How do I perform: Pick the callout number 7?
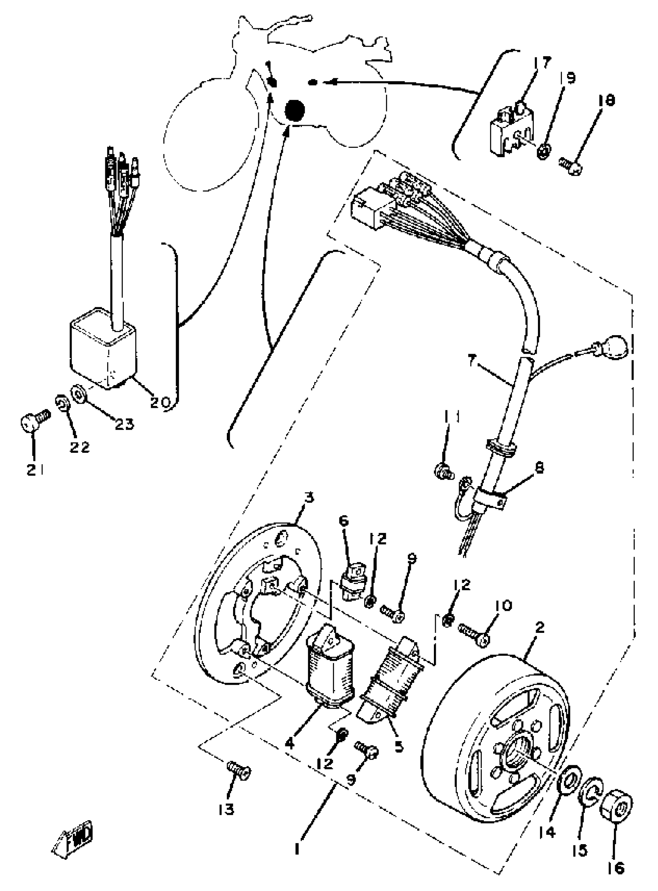pyautogui.click(x=472, y=361)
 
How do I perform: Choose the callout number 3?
pyautogui.click(x=309, y=498)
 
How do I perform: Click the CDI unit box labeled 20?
pyautogui.click(x=104, y=353)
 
